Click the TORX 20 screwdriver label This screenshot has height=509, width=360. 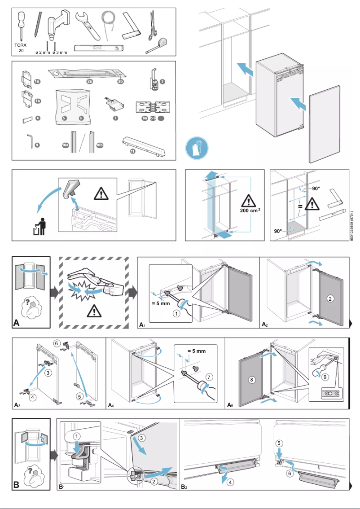(21, 48)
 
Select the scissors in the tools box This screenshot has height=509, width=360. (153, 25)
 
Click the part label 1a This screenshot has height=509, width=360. (37, 81)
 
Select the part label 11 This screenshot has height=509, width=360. (132, 151)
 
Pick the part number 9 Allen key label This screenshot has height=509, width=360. (37, 145)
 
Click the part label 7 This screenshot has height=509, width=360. (115, 118)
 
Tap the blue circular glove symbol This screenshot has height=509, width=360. (197, 148)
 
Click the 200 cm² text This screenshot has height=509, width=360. (250, 211)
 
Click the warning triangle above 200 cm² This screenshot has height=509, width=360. (250, 198)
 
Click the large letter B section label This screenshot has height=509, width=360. (17, 485)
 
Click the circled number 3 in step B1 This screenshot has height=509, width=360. (142, 437)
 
